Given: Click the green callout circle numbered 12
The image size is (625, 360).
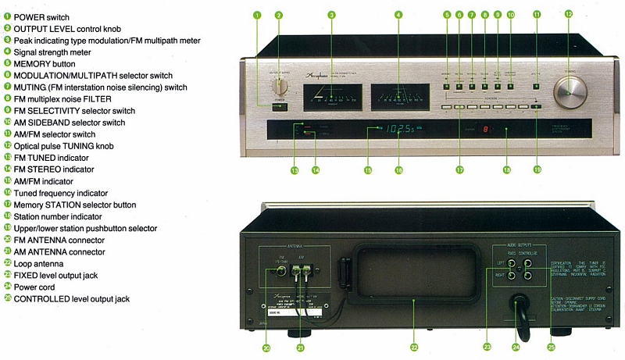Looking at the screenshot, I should coord(569,14).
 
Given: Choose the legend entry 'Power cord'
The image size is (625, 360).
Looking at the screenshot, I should coord(37,287).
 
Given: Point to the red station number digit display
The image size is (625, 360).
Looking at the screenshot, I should coord(487,130).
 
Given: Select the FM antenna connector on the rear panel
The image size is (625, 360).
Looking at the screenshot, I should coord(280,273).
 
